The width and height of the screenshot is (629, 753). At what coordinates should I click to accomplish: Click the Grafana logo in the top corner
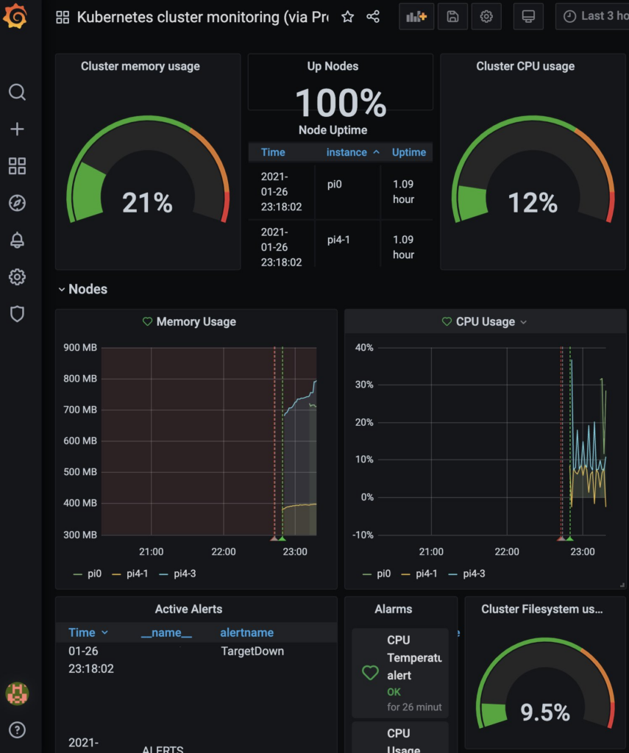(15, 15)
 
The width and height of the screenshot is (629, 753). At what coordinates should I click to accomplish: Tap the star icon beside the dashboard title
(348, 17)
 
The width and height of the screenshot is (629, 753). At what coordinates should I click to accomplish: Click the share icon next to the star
(373, 17)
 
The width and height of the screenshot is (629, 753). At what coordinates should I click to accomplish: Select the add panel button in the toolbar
(416, 17)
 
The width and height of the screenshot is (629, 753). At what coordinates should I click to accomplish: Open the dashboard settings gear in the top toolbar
(486, 17)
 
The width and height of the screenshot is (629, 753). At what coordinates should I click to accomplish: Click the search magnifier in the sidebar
(17, 92)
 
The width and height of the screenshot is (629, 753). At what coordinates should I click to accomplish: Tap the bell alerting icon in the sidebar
(17, 240)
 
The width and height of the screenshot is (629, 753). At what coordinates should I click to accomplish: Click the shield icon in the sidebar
(17, 314)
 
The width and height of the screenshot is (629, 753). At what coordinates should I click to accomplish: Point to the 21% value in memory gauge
(147, 202)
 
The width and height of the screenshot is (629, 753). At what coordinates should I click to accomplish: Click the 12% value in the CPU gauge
(533, 202)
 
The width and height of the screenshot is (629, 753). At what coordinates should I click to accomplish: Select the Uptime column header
(408, 152)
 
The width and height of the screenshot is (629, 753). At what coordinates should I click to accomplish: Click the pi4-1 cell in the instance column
(339, 240)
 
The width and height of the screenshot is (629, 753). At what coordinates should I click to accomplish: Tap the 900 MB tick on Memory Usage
(79, 348)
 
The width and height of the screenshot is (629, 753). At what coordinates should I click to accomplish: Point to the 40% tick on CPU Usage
(364, 348)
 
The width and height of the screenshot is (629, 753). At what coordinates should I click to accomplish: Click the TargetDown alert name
(252, 651)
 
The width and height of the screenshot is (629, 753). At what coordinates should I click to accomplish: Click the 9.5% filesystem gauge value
(545, 712)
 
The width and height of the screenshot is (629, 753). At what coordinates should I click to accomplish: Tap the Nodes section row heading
(88, 289)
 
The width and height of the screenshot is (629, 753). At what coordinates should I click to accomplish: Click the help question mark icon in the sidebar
(17, 729)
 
